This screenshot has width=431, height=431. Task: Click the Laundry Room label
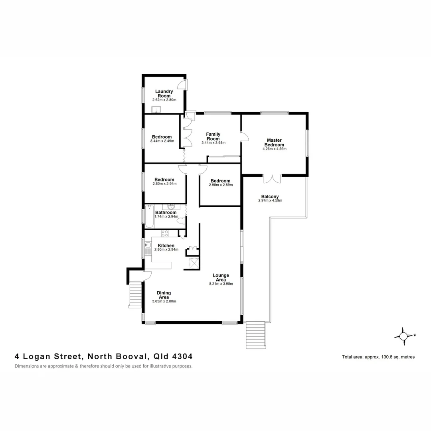164,93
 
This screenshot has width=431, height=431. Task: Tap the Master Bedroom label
274,142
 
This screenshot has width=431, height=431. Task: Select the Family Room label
213,136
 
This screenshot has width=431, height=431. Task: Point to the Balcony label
270,196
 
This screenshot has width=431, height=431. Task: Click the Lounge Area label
221,277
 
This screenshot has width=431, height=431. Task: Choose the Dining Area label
164,295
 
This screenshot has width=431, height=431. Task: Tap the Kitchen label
166,245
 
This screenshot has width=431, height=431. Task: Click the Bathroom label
166,213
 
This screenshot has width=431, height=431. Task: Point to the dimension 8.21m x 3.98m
221,284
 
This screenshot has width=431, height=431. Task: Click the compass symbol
403,336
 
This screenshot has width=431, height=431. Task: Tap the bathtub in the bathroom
149,216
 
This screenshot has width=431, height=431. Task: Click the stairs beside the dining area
135,295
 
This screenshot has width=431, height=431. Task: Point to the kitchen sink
148,245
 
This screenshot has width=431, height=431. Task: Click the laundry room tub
156,110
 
